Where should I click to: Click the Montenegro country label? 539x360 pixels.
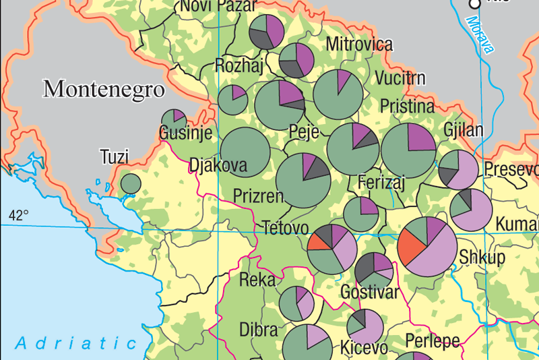point(104,88)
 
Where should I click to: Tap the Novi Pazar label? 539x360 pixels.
point(218,6)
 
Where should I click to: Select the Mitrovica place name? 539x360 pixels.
point(359,44)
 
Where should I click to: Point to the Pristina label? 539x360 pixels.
point(407,107)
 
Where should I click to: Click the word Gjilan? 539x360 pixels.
point(464,130)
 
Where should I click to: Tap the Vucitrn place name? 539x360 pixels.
point(400,78)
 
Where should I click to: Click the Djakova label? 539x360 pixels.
point(218,166)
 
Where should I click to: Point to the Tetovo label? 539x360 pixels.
point(285,227)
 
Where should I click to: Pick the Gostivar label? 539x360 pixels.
point(370,293)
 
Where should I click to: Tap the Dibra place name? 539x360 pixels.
point(259,330)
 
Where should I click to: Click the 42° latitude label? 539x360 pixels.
point(18,216)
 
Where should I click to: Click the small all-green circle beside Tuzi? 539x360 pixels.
point(130,183)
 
